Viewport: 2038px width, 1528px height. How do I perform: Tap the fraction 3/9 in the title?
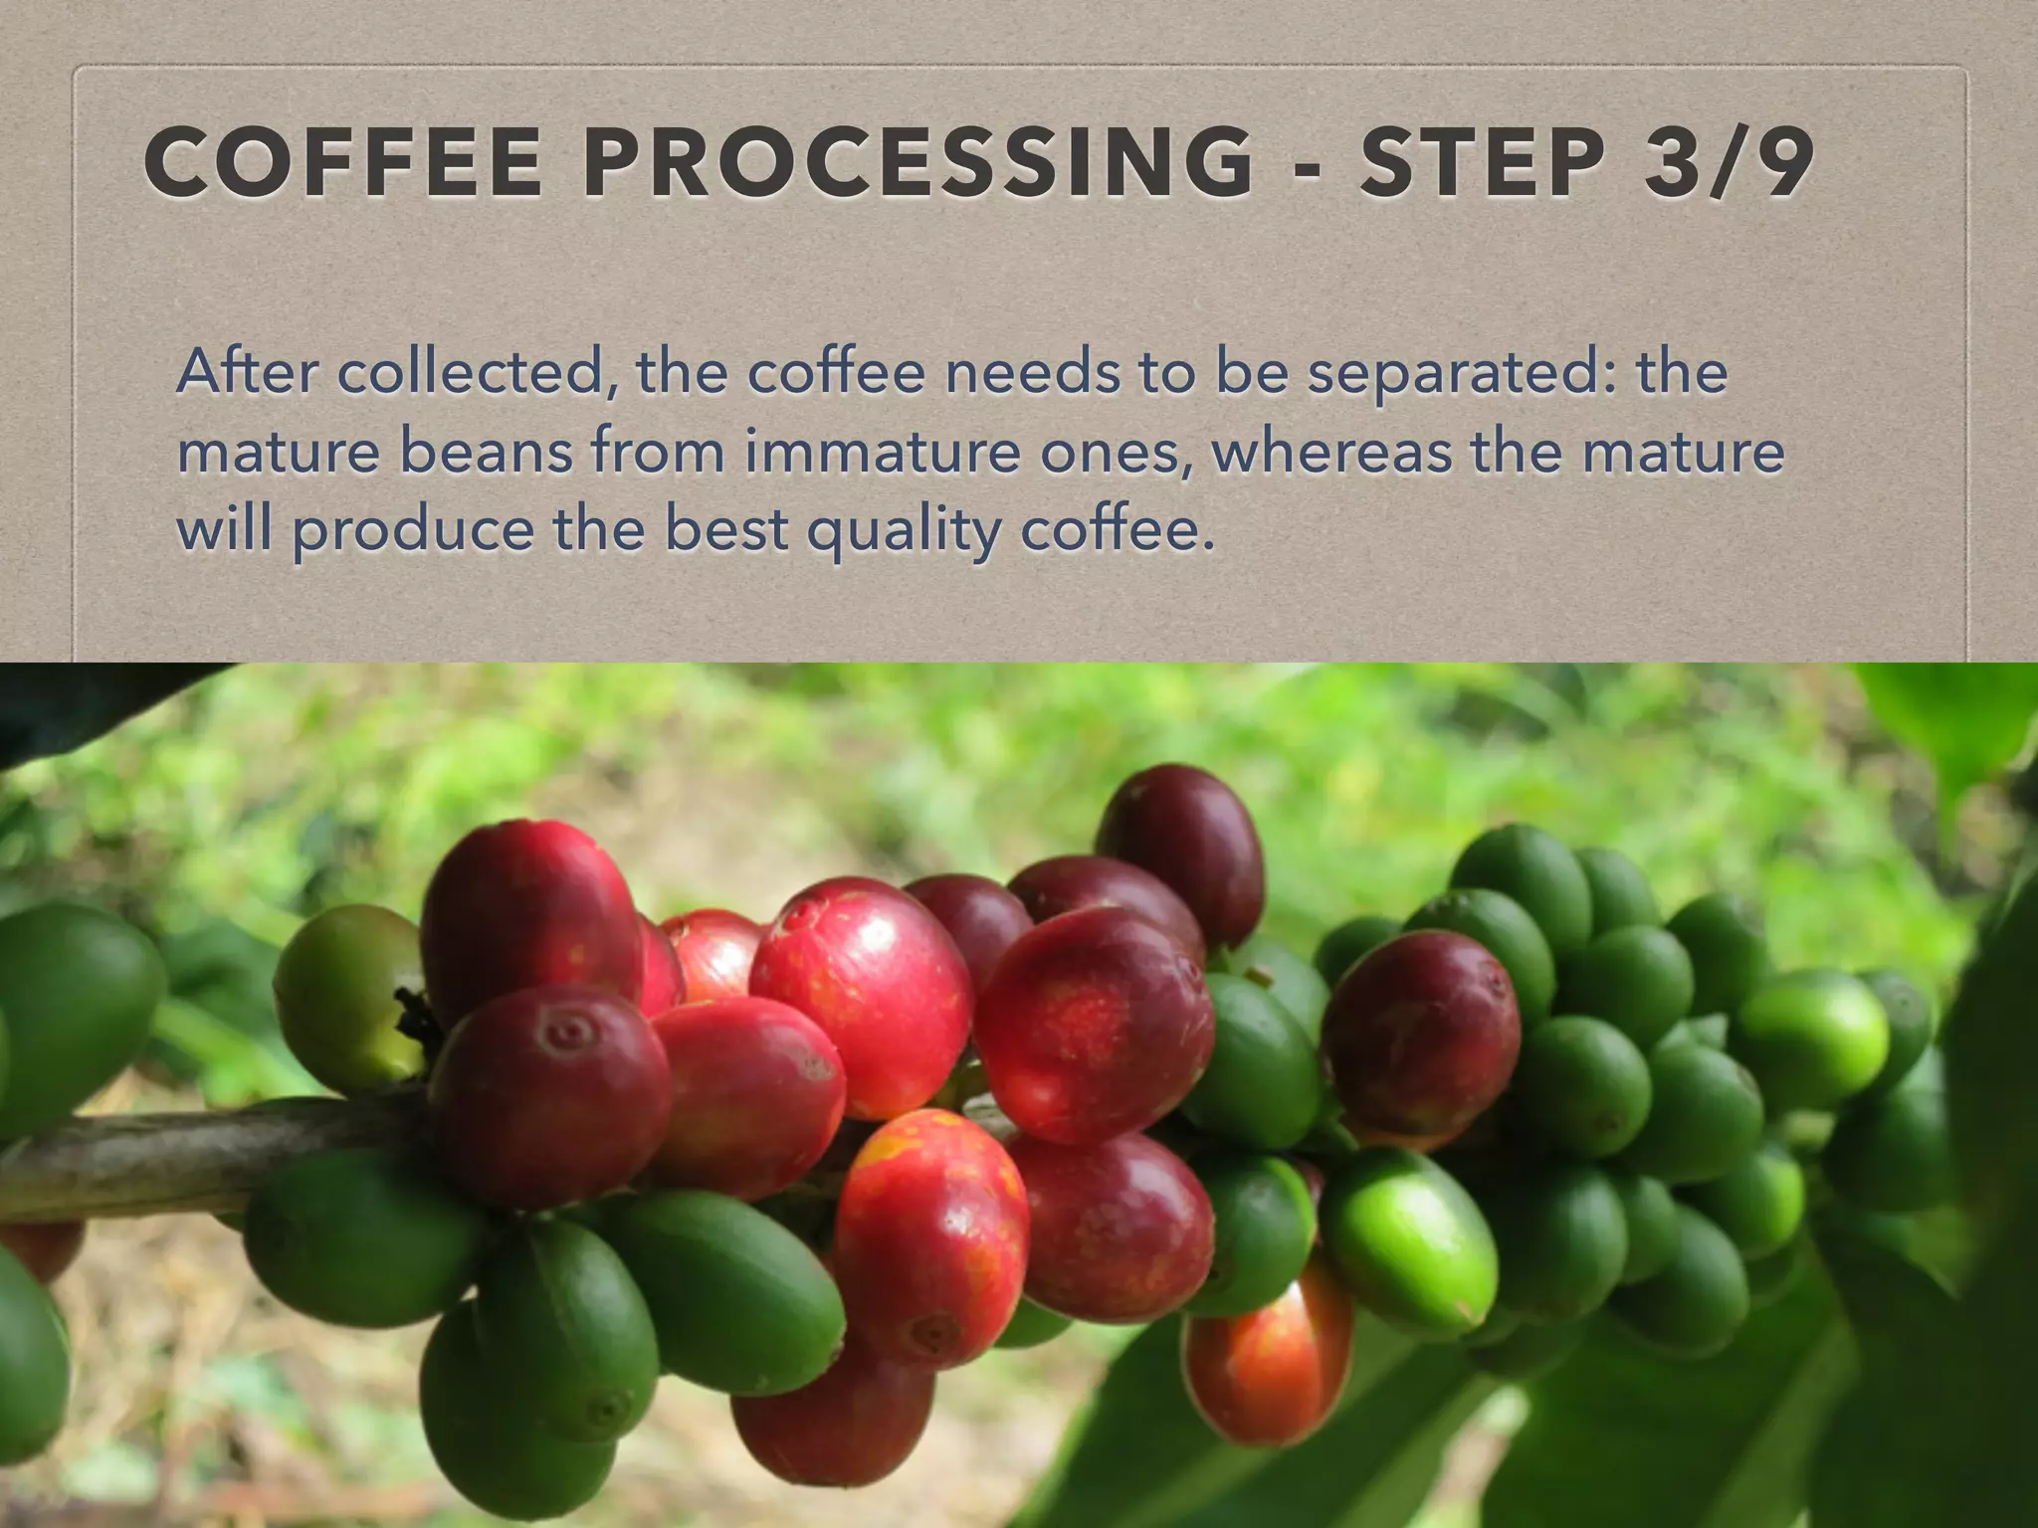click(1727, 163)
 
